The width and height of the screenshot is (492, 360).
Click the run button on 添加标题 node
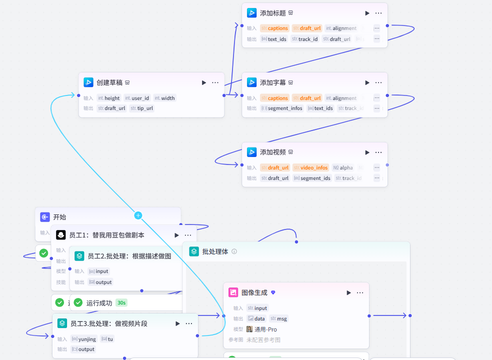pos(367,13)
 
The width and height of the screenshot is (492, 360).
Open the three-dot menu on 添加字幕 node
pos(378,82)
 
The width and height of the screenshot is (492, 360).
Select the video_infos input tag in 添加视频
pos(310,168)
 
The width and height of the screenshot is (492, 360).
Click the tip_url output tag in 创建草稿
pos(142,108)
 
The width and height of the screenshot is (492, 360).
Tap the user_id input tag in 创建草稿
pos(137,98)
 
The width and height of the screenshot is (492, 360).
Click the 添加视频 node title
pos(273,152)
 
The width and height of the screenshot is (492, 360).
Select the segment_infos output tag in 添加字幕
pos(282,108)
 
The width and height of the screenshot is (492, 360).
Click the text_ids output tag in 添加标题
pos(274,38)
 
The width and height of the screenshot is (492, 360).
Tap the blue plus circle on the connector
pos(138,215)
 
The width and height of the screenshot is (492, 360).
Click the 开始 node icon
pos(45,217)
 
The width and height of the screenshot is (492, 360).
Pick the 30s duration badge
pos(121,302)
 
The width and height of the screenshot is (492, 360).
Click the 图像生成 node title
pos(254,292)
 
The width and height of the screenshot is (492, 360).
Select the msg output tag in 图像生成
pos(279,318)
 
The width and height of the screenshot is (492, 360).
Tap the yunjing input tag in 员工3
pos(84,339)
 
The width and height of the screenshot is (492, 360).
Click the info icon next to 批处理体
pos(234,251)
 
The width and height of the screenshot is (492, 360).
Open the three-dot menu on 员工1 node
pos(188,235)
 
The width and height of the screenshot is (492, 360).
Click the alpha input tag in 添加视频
pos(343,168)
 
